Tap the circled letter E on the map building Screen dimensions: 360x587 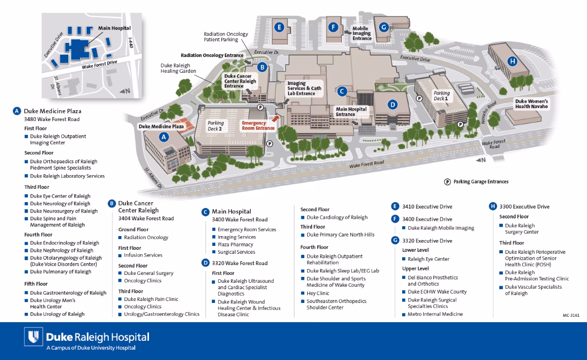pyautogui.click(x=279, y=27)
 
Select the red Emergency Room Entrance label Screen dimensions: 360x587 pyautogui.click(x=254, y=125)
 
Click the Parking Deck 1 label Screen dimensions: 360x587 pyautogui.click(x=441, y=95)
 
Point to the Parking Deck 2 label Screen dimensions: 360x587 pyautogui.click(x=215, y=126)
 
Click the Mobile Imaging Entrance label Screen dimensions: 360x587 pyautogui.click(x=362, y=33)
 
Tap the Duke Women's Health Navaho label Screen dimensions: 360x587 pyautogui.click(x=531, y=104)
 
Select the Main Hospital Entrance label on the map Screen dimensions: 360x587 pyautogui.click(x=352, y=112)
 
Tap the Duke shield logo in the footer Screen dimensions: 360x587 pyautogui.click(x=33, y=338)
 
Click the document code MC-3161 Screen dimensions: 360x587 pyautogui.click(x=571, y=315)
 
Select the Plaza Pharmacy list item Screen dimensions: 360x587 pyautogui.click(x=235, y=244)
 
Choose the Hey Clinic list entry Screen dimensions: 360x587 pyautogui.click(x=318, y=293)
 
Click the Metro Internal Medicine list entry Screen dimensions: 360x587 pyautogui.click(x=435, y=314)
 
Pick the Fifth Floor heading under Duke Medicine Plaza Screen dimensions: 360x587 pyautogui.click(x=36, y=284)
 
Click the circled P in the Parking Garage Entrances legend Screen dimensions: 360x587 pyautogui.click(x=447, y=181)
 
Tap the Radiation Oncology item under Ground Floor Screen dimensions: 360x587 pyautogui.click(x=146, y=238)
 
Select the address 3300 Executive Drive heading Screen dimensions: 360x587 pyautogui.click(x=524, y=207)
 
